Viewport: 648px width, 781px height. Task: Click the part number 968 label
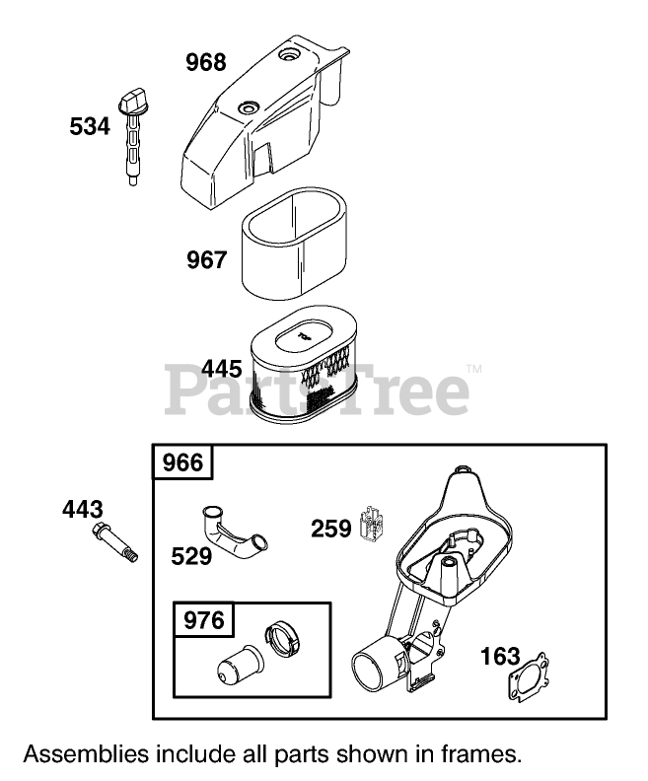pos(206,63)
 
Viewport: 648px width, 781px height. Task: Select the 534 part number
pos(90,126)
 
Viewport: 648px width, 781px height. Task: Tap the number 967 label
pos(207,260)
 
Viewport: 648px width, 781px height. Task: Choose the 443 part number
pos(82,510)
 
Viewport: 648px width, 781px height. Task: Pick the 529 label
pos(191,557)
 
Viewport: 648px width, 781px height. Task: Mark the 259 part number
pos(331,529)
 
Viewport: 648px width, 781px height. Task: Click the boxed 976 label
pos(205,620)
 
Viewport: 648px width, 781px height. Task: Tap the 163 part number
pos(501,657)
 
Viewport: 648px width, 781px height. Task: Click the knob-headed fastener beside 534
pos(131,135)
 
